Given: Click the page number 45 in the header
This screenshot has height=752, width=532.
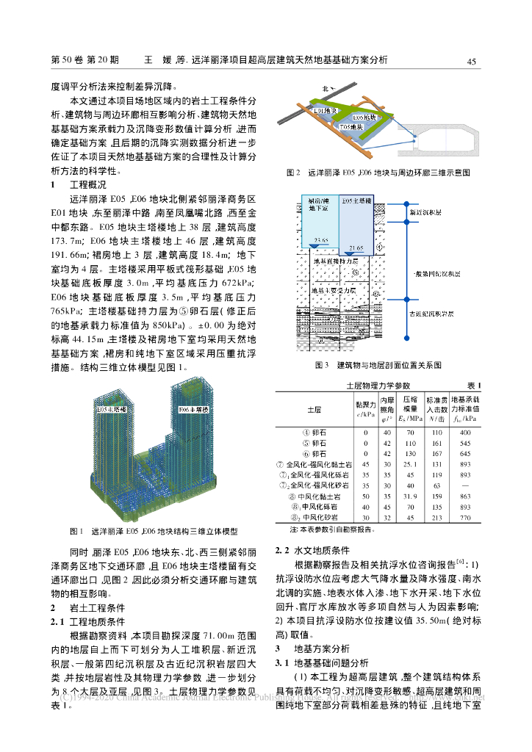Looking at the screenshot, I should (472, 61).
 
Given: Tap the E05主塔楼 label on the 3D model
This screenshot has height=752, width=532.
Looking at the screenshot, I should (109, 409).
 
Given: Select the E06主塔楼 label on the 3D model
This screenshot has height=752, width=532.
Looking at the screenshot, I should (192, 409).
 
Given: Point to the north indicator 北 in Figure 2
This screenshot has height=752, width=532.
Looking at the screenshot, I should (323, 90).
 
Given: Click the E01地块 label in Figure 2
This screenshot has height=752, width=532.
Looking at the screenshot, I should (325, 110).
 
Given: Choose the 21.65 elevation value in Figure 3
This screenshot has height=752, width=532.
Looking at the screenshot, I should (356, 249).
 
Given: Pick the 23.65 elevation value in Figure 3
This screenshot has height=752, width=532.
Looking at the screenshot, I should (320, 241).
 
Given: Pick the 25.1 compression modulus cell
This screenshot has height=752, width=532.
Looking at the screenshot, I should (411, 463).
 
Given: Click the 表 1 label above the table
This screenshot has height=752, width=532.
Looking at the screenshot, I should (474, 386).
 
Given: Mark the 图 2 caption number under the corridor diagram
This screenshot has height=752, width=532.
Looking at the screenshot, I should (294, 173).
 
